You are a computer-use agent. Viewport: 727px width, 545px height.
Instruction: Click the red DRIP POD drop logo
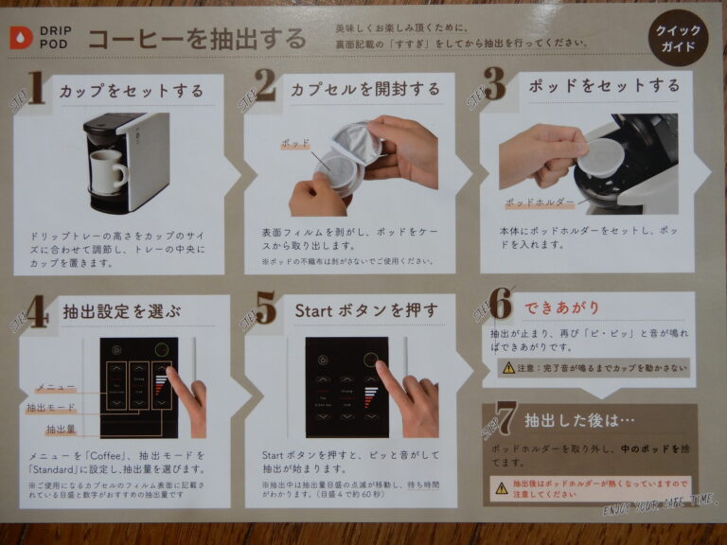click(20, 37)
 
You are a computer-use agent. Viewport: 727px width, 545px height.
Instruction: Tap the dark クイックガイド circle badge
click(679, 37)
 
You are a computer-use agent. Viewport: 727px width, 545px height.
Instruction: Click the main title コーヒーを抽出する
click(197, 39)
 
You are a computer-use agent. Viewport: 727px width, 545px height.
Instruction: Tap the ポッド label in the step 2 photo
click(295, 145)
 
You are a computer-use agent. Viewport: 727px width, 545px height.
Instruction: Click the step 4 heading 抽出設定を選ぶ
click(121, 310)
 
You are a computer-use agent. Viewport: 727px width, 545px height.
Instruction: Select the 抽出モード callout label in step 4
click(52, 408)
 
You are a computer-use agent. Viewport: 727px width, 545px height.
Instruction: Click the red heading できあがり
click(563, 308)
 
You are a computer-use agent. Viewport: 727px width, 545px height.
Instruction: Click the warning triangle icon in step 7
click(501, 488)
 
